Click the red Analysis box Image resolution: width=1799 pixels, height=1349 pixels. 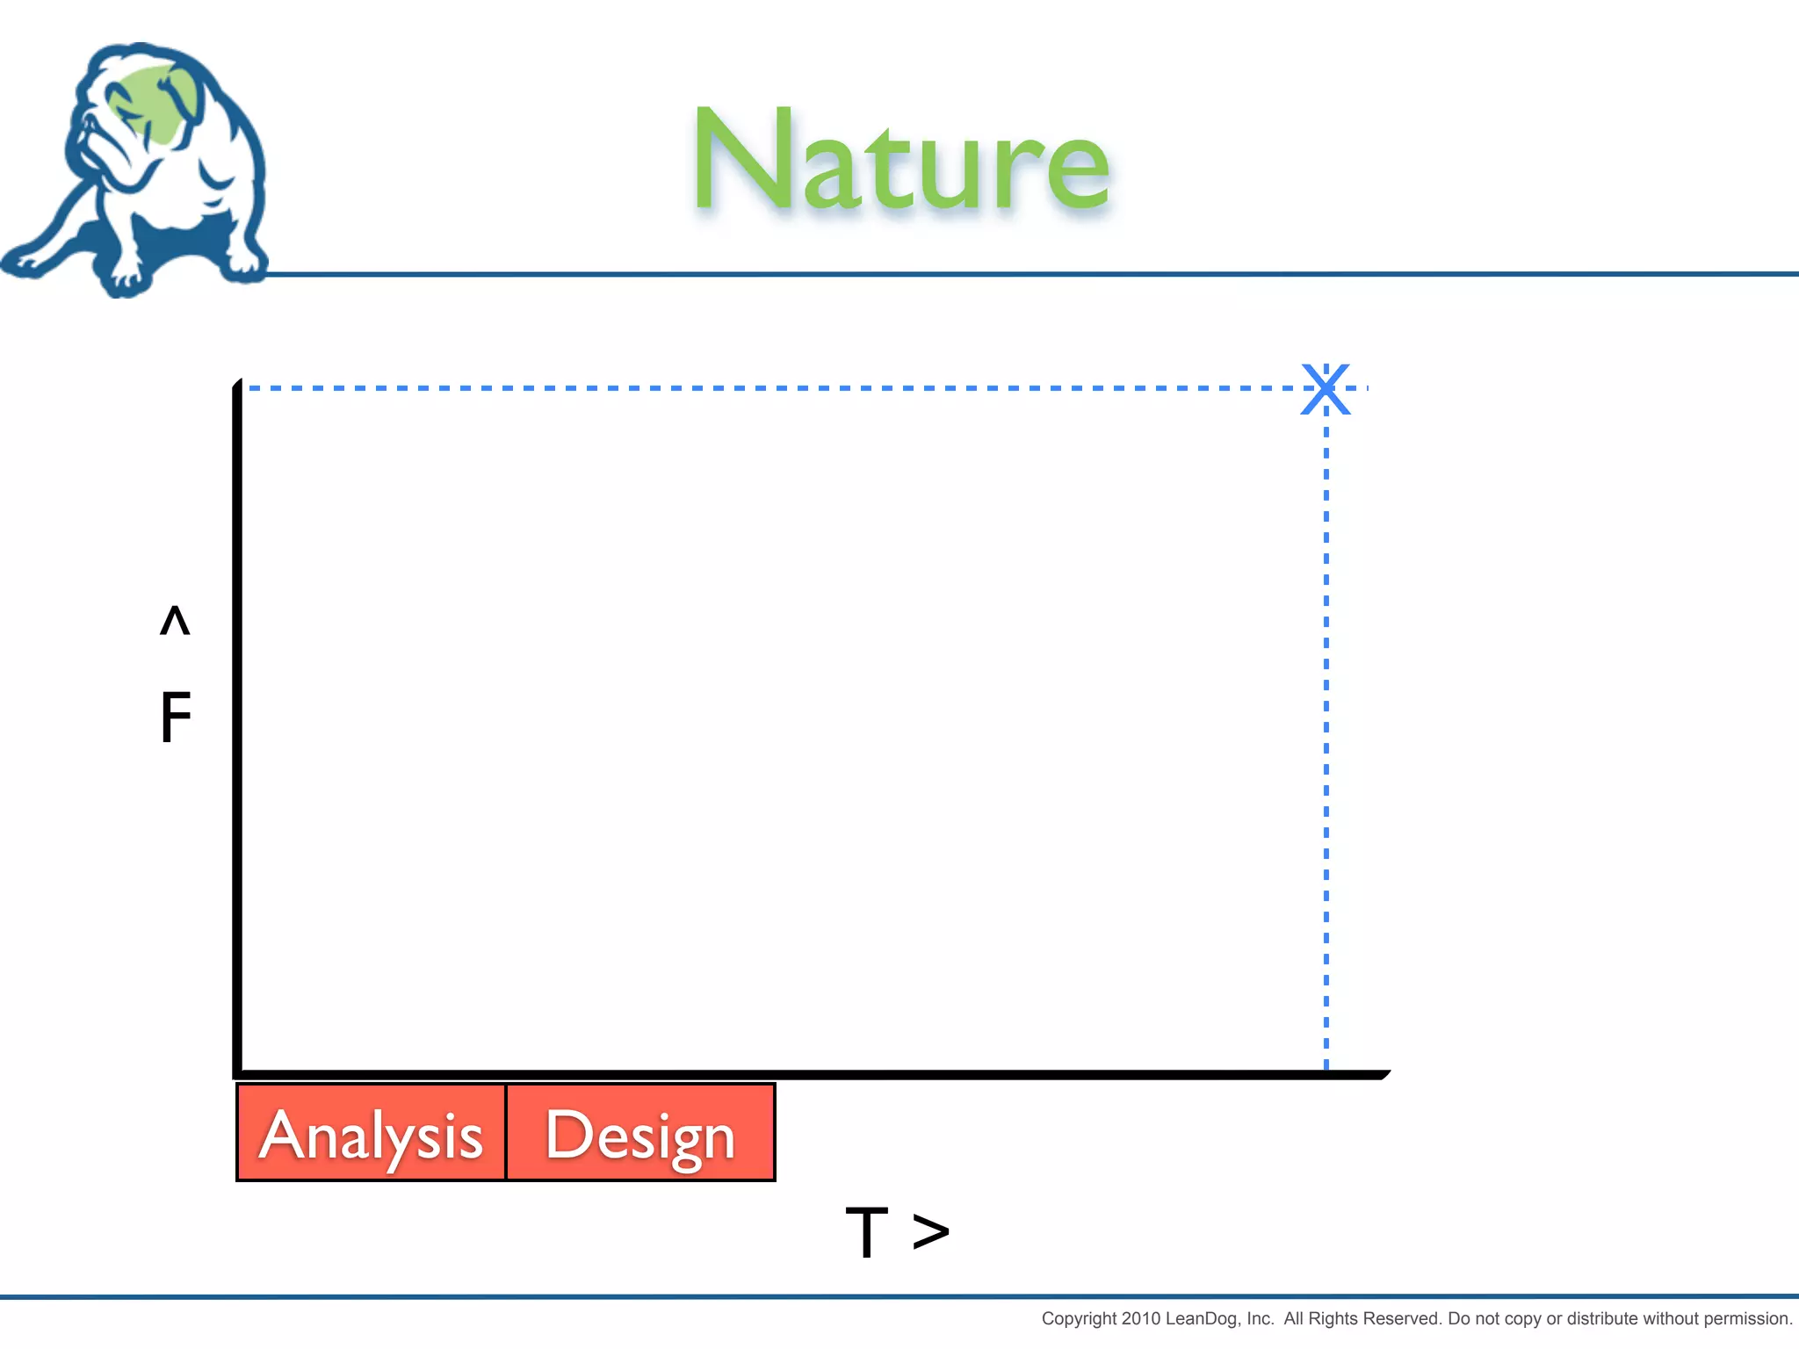[x=371, y=1133]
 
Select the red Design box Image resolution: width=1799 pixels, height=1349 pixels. [x=640, y=1133]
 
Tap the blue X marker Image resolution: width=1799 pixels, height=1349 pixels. [x=1326, y=388]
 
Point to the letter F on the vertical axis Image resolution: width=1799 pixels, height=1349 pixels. [x=175, y=717]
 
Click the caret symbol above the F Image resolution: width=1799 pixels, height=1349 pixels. [x=175, y=620]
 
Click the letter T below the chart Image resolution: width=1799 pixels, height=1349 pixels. [x=866, y=1232]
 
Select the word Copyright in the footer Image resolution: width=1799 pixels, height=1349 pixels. [x=1080, y=1318]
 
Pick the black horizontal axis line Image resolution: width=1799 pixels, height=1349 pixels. [x=791, y=1074]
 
